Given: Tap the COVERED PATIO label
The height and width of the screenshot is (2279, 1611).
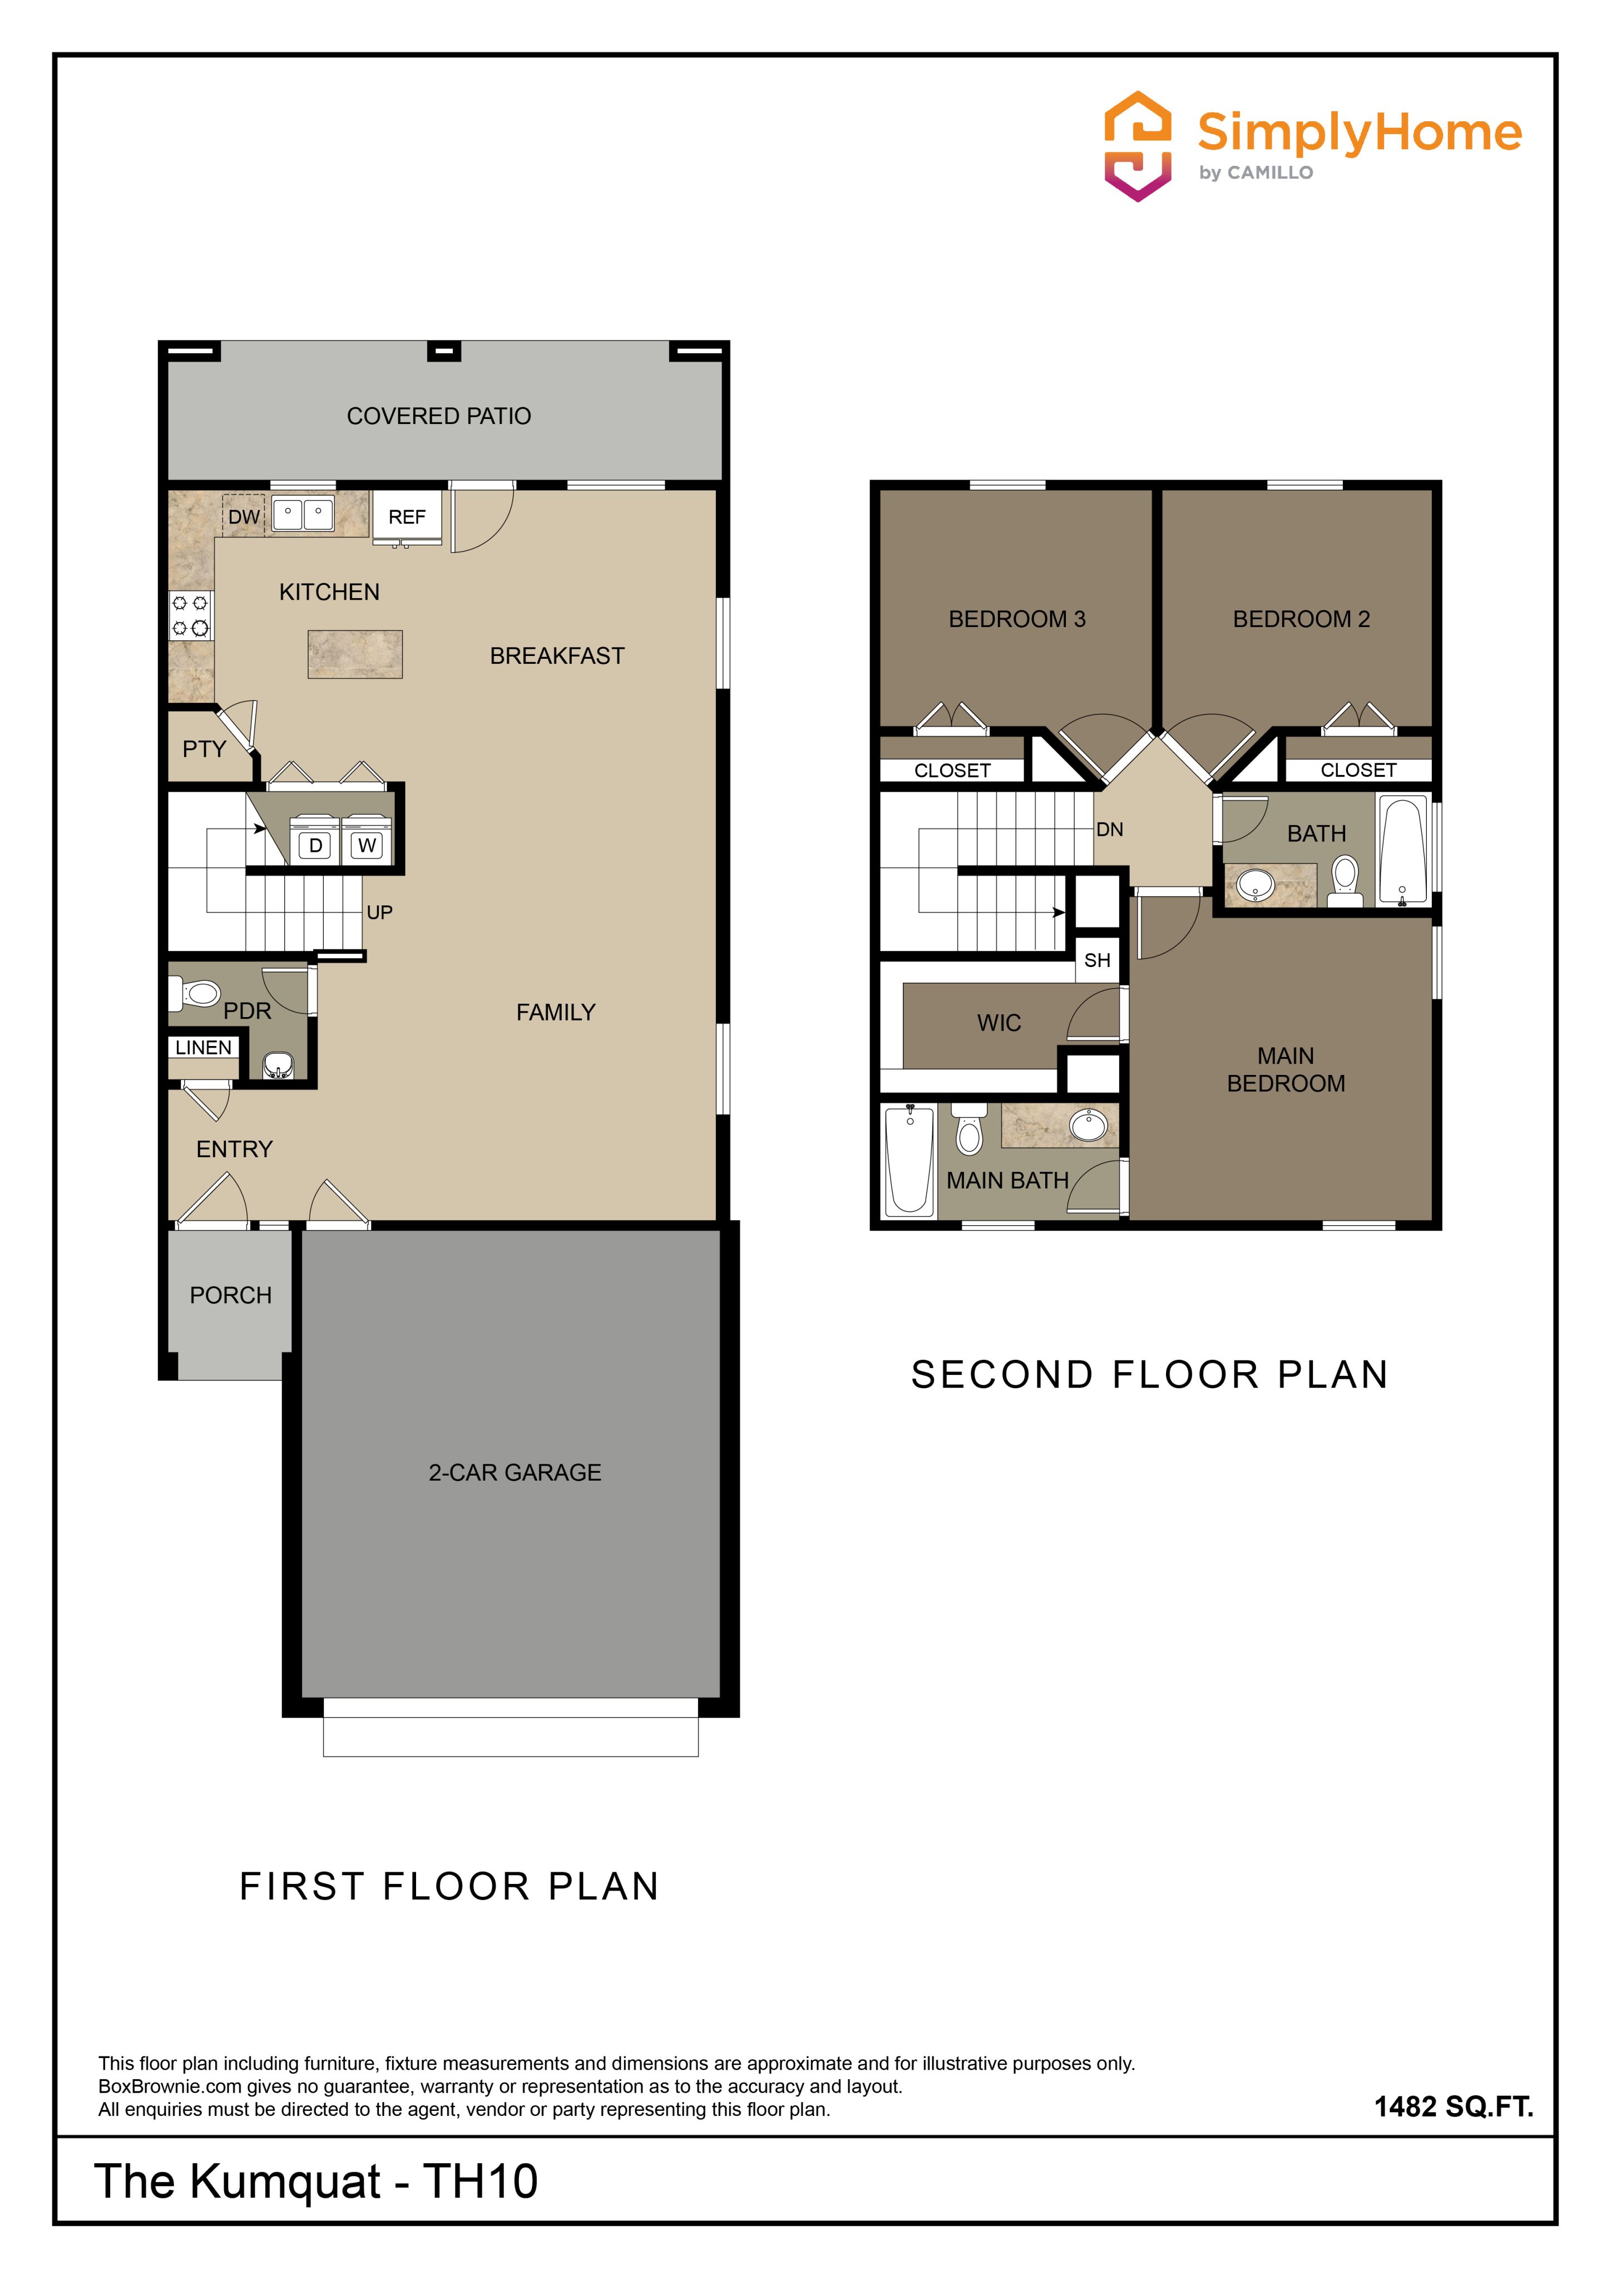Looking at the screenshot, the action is (439, 416).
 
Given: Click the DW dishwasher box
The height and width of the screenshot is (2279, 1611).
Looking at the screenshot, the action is (243, 516).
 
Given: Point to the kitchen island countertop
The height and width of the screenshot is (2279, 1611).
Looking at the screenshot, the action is (354, 654).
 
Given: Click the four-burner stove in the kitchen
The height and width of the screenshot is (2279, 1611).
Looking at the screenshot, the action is (191, 614).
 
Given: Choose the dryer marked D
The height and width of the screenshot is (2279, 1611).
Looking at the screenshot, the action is (315, 842).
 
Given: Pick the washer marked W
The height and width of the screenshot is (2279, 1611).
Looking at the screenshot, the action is (366, 842).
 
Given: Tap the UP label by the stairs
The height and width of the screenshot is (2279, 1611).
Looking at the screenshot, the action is (379, 912).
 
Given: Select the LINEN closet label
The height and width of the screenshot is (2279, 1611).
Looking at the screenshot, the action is (204, 1047).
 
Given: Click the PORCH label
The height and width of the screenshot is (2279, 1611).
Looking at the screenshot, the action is (230, 1295).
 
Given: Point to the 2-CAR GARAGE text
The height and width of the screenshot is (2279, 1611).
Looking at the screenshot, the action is (515, 1472).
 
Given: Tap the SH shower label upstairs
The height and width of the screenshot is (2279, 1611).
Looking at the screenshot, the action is (1097, 960).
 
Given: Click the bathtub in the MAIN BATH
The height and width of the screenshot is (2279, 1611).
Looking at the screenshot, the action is (909, 1160).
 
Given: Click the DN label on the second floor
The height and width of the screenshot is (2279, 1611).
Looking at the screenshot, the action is (1110, 829).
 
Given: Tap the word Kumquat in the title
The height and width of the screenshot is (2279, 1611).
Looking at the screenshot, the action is (285, 2182).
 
